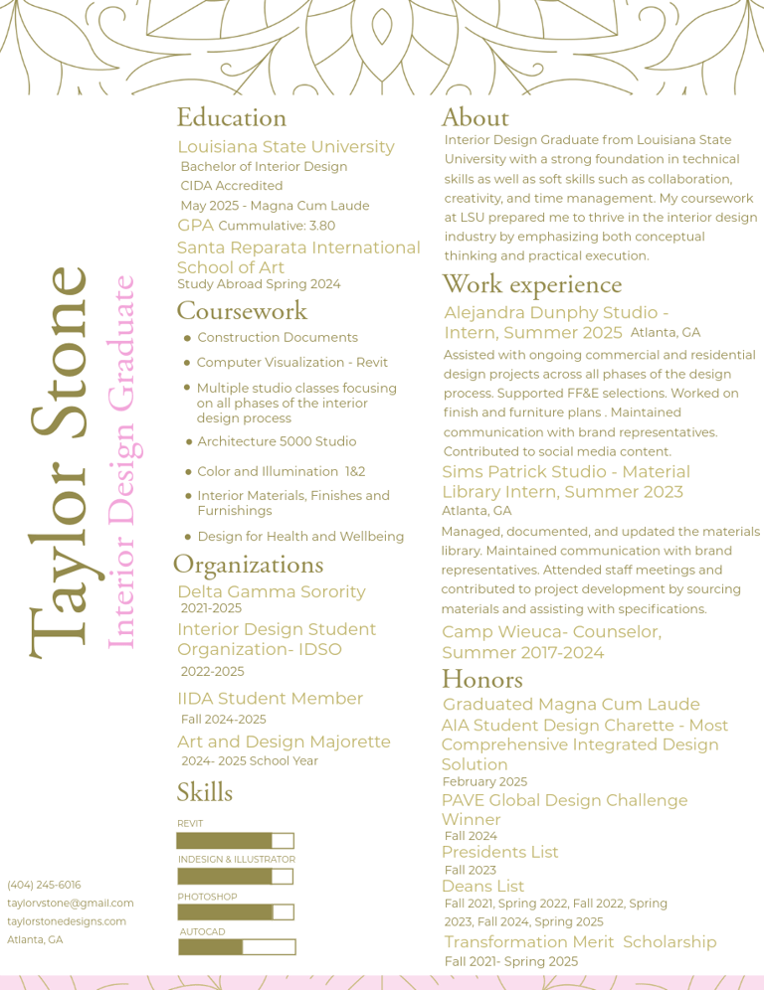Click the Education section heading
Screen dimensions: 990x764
[x=231, y=117]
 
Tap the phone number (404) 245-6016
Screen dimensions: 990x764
[x=44, y=885]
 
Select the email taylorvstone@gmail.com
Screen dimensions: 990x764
[x=70, y=903]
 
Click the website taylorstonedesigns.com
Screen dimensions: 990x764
[x=67, y=921]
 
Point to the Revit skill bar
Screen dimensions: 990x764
[x=235, y=841]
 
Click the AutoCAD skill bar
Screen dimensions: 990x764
[x=237, y=947]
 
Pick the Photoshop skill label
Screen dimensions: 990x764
[x=207, y=897]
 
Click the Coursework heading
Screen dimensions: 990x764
[x=242, y=310]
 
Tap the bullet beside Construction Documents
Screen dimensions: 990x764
[x=187, y=338]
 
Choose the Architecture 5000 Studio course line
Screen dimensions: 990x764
[x=276, y=441]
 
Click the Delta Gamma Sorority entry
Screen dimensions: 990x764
[x=271, y=591]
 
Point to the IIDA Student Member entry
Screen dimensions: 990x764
[x=270, y=699]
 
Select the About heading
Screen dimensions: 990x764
[x=475, y=117]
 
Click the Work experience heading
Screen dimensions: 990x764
[x=531, y=284]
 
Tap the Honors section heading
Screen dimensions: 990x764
[x=481, y=679]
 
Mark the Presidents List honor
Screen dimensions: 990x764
[x=499, y=852]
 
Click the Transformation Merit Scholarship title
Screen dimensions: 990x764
[x=580, y=941]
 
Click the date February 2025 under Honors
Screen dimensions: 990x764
[x=484, y=782]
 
